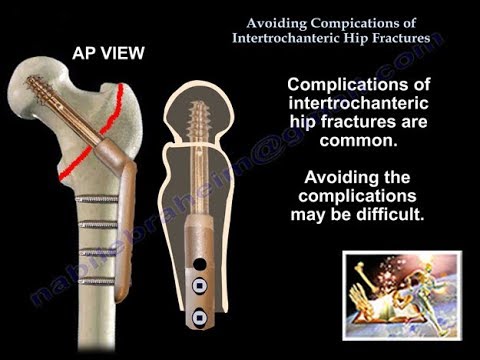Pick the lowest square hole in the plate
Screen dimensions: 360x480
tap(199, 320)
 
